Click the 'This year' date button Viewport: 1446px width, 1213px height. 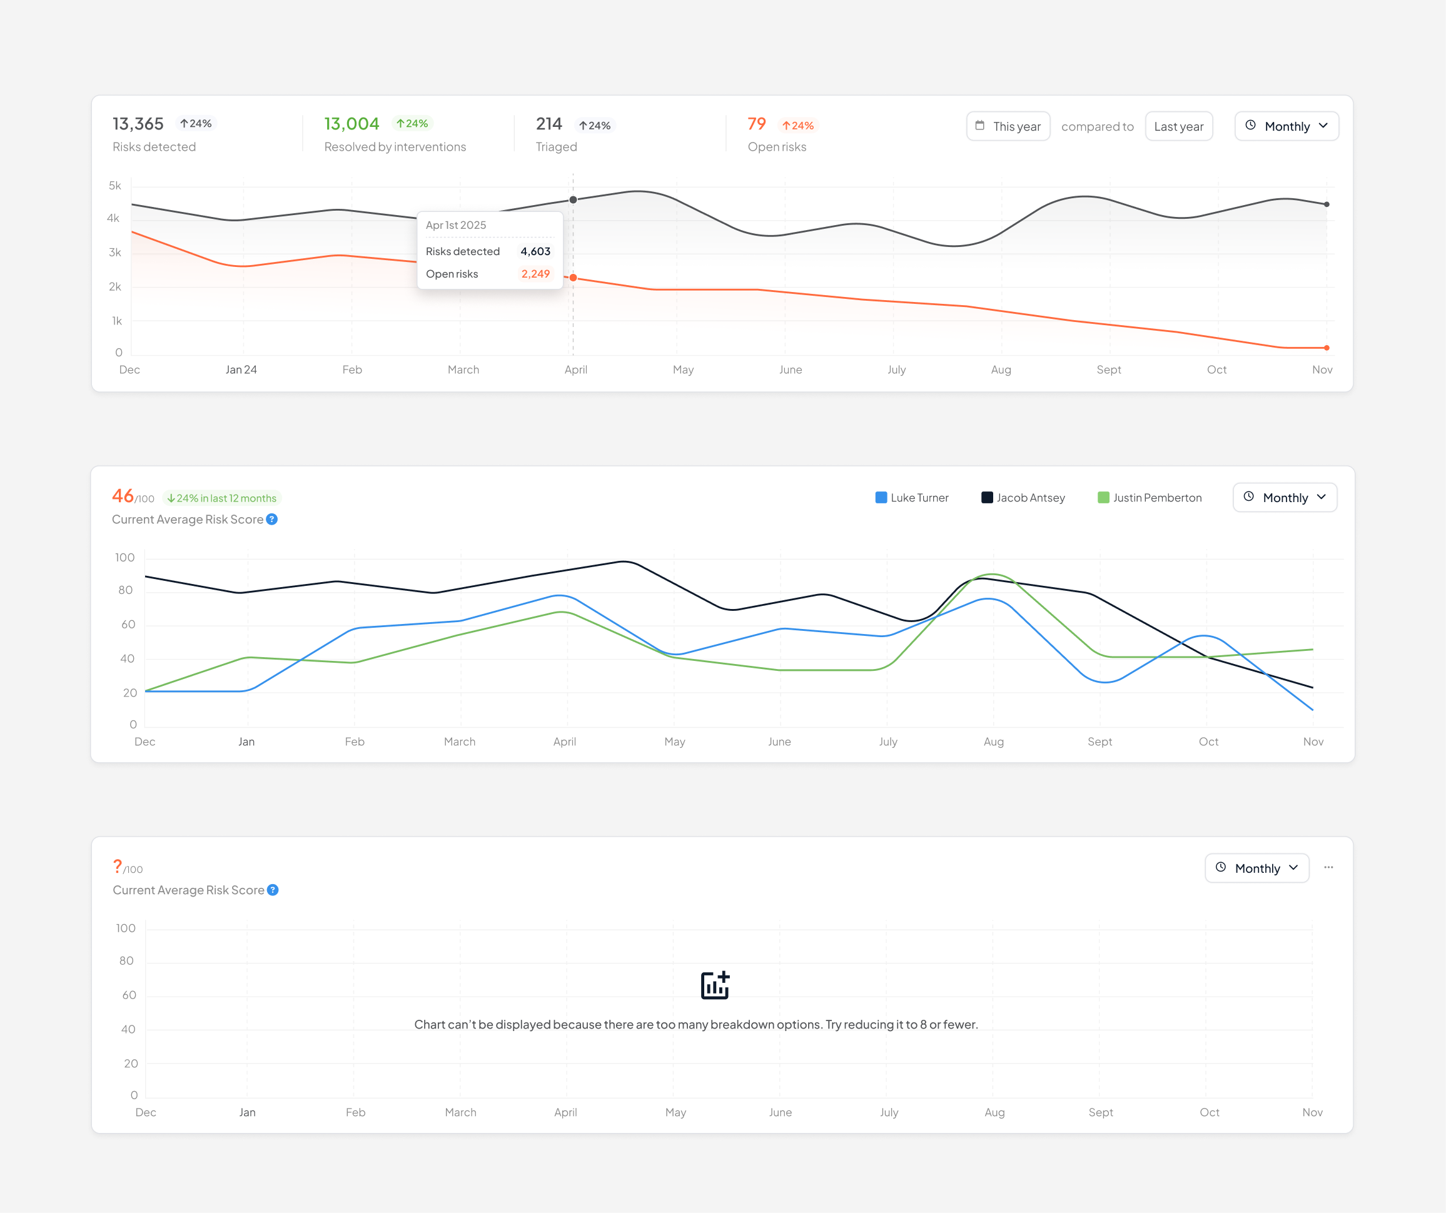[x=1008, y=126]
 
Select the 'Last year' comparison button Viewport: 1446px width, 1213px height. [x=1178, y=126]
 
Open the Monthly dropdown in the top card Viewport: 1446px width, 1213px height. [x=1287, y=126]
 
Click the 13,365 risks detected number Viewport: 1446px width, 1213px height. [x=138, y=124]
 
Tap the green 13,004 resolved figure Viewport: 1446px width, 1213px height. [x=351, y=124]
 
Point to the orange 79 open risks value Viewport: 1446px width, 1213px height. [x=756, y=124]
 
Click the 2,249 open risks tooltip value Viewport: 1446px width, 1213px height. [x=535, y=274]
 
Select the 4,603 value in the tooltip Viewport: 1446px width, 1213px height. [x=535, y=251]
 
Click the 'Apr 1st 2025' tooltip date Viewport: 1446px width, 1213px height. [x=456, y=225]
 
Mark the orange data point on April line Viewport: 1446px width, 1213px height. [x=573, y=278]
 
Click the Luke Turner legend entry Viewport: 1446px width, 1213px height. [x=911, y=498]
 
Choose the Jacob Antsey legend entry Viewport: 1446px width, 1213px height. [x=1023, y=498]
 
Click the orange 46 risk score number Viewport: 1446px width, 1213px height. [x=123, y=496]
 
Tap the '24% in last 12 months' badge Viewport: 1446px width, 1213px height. [x=222, y=498]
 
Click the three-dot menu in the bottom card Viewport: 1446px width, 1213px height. [x=1328, y=867]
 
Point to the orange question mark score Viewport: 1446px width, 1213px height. [x=118, y=866]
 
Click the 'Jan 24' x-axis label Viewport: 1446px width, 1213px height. [x=241, y=370]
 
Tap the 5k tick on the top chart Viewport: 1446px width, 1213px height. [x=115, y=186]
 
